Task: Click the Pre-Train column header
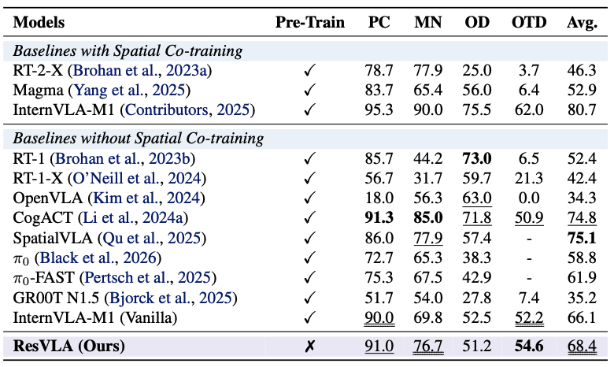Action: click(309, 22)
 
